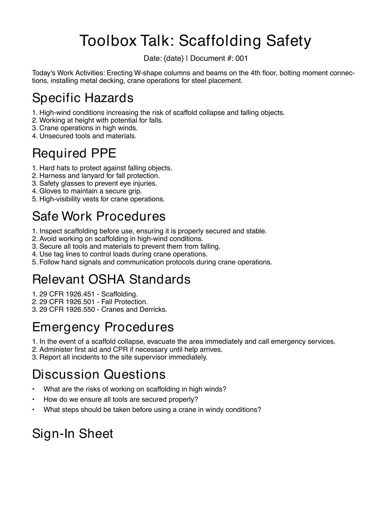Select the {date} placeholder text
pyautogui.click(x=174, y=58)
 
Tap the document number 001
pyautogui.click(x=242, y=58)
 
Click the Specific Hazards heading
pyautogui.click(x=83, y=98)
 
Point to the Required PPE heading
pyautogui.click(x=74, y=153)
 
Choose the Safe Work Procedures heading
pyautogui.click(x=99, y=216)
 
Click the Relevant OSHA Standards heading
pyautogui.click(x=111, y=279)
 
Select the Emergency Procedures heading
pyautogui.click(x=103, y=327)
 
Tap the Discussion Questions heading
pyautogui.click(x=99, y=374)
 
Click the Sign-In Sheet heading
pyautogui.click(x=73, y=434)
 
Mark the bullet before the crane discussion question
pyautogui.click(x=33, y=410)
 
